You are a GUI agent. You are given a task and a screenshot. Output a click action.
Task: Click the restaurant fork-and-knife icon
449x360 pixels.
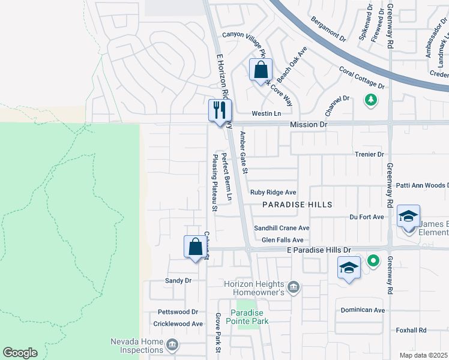[219, 109]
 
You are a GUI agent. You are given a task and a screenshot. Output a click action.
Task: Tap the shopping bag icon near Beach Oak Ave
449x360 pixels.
[261, 70]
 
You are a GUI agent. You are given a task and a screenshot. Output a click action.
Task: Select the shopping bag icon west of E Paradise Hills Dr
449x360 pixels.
[195, 246]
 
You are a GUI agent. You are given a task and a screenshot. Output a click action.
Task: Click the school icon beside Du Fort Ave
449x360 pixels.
[408, 216]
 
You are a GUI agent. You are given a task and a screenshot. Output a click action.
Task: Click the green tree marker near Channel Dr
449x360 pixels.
[372, 99]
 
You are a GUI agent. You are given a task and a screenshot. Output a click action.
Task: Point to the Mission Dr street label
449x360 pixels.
[309, 124]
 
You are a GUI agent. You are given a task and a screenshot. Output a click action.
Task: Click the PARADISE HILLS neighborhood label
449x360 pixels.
[297, 205]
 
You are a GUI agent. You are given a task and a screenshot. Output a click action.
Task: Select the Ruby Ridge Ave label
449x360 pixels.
[273, 193]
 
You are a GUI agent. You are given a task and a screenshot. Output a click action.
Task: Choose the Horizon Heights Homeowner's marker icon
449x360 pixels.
[293, 286]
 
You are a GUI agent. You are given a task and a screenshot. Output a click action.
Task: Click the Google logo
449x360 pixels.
[20, 353]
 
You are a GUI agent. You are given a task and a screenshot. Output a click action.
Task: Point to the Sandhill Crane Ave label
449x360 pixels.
[282, 228]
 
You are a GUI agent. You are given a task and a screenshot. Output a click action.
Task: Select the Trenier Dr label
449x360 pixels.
[369, 154]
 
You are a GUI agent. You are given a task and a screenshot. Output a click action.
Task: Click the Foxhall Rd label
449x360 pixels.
[411, 330]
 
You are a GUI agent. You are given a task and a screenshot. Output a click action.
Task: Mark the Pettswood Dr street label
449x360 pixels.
[177, 312]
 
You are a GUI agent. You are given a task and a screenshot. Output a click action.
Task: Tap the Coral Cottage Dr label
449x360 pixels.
[361, 77]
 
